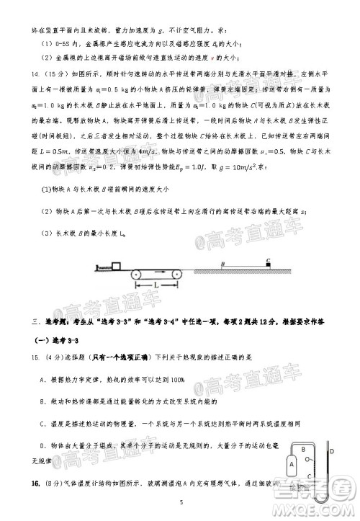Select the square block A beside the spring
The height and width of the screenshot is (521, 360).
[117, 267]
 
